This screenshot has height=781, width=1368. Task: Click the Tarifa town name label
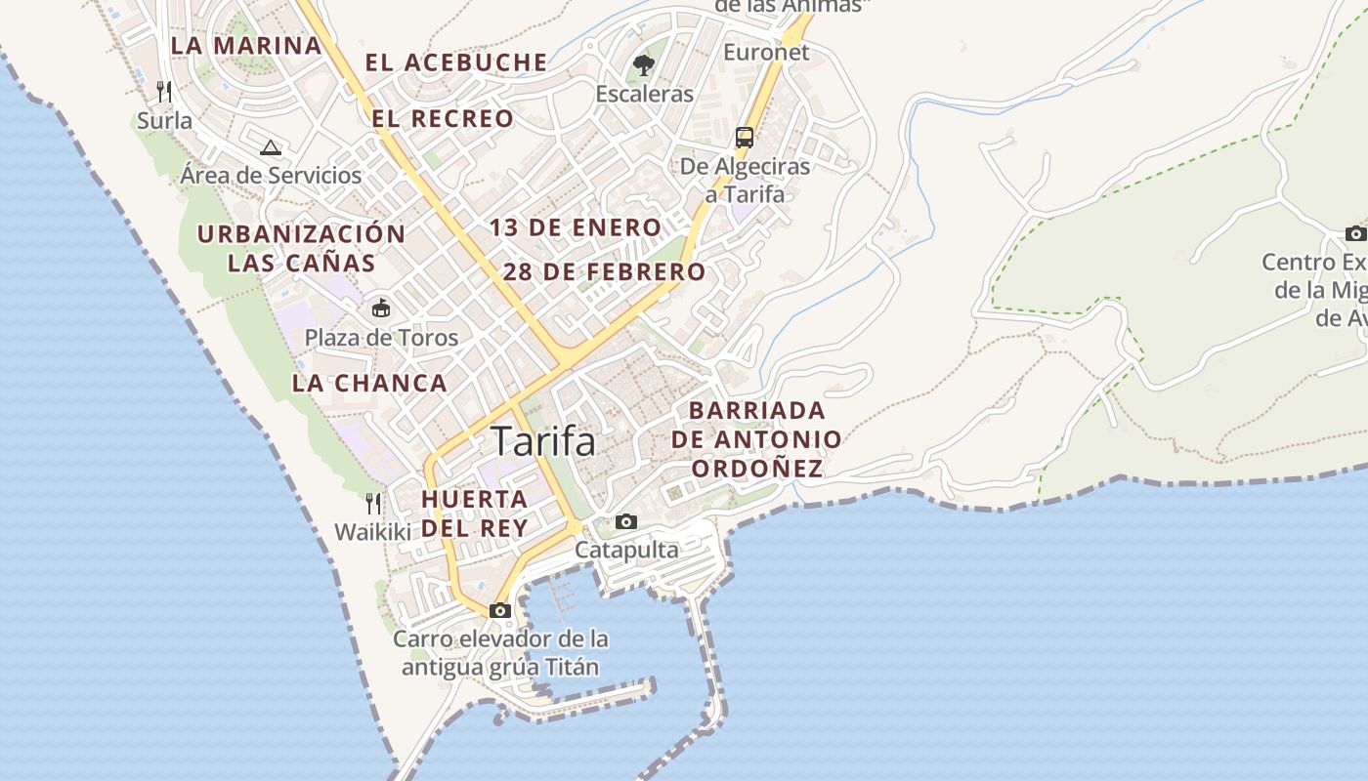point(543,441)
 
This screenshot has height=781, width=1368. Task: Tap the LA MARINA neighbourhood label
point(245,45)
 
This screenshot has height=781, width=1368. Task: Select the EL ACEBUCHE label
point(456,62)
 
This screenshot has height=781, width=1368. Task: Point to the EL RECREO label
point(443,119)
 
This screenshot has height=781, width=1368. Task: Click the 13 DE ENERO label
point(576,227)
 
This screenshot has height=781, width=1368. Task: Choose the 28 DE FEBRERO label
point(604,272)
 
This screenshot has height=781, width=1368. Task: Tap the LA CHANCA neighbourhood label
point(369,384)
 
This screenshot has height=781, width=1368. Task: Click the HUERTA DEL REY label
point(475,514)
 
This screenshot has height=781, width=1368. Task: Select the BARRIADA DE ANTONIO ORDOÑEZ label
point(756,439)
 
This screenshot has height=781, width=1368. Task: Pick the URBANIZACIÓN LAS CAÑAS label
point(301,248)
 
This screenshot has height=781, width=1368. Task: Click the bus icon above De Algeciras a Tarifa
point(745,137)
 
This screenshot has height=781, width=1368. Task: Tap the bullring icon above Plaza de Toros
point(380,308)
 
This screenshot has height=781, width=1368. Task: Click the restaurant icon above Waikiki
point(372,504)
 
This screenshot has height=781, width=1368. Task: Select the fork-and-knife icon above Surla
point(164,92)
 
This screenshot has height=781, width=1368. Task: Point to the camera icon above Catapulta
point(626,522)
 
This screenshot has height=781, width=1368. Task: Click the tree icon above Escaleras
point(643,65)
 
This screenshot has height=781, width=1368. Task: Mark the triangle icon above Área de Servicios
point(271,147)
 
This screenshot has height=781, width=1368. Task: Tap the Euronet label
point(766,53)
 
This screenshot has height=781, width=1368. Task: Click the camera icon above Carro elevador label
point(500,611)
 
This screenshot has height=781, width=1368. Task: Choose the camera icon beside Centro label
point(1355,233)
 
